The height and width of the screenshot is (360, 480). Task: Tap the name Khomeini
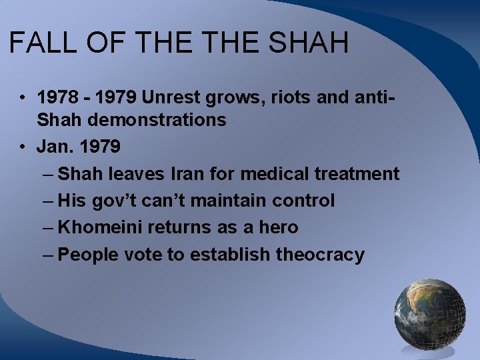pyautogui.click(x=101, y=227)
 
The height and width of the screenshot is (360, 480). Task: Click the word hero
pyautogui.click(x=278, y=227)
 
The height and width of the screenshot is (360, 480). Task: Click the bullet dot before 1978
pyautogui.click(x=22, y=98)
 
